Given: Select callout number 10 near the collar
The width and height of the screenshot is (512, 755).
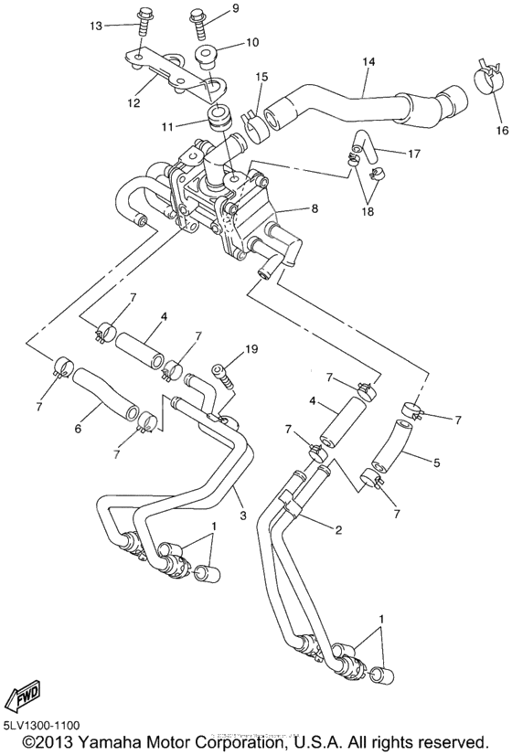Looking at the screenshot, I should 251,42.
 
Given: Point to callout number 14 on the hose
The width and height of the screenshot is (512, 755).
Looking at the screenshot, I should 368,63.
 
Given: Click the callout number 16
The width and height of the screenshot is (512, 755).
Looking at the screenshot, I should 501,131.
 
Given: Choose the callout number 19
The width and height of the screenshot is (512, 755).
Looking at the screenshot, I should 251,350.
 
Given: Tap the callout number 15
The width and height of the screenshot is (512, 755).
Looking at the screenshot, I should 262,77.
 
